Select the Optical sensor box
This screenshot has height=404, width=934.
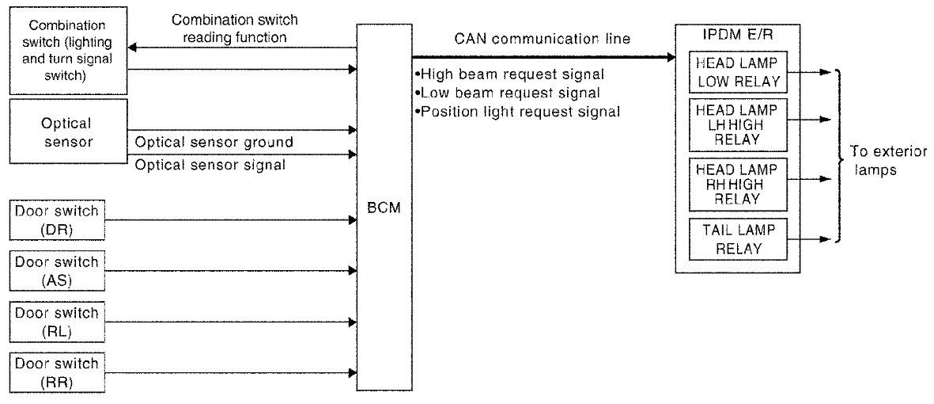[x=67, y=133]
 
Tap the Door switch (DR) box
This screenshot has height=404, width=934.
[x=56, y=219]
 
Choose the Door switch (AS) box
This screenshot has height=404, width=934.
[x=56, y=270]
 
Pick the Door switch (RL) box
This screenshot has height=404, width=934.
[x=56, y=322]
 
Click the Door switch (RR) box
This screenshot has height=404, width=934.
[x=56, y=372]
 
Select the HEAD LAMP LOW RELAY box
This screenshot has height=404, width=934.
[x=737, y=72]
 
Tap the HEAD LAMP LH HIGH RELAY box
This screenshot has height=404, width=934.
[x=737, y=125]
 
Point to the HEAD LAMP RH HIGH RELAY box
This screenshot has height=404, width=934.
[x=737, y=184]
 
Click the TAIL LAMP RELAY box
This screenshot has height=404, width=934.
[x=737, y=238]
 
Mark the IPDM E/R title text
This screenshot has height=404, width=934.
[x=736, y=36]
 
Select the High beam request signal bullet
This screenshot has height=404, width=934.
[x=509, y=74]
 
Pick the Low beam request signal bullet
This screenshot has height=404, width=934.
[x=507, y=93]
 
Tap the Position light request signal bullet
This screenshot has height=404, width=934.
[x=517, y=112]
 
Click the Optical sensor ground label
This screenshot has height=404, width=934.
[x=214, y=143]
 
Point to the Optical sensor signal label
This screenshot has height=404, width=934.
[x=210, y=165]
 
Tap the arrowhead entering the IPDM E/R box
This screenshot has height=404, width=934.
[x=671, y=57]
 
